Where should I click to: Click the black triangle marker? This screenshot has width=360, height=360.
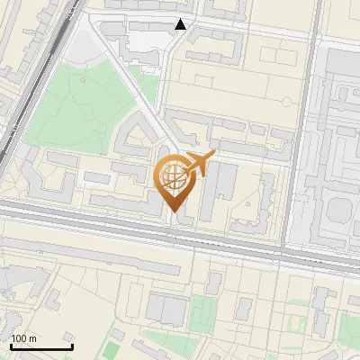(181, 24)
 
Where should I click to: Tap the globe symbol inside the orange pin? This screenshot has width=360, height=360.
(173, 176)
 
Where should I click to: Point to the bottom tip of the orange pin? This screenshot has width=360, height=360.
(174, 213)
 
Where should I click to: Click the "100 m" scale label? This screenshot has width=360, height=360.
(24, 338)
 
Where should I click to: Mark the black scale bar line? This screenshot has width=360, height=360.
(40, 346)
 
